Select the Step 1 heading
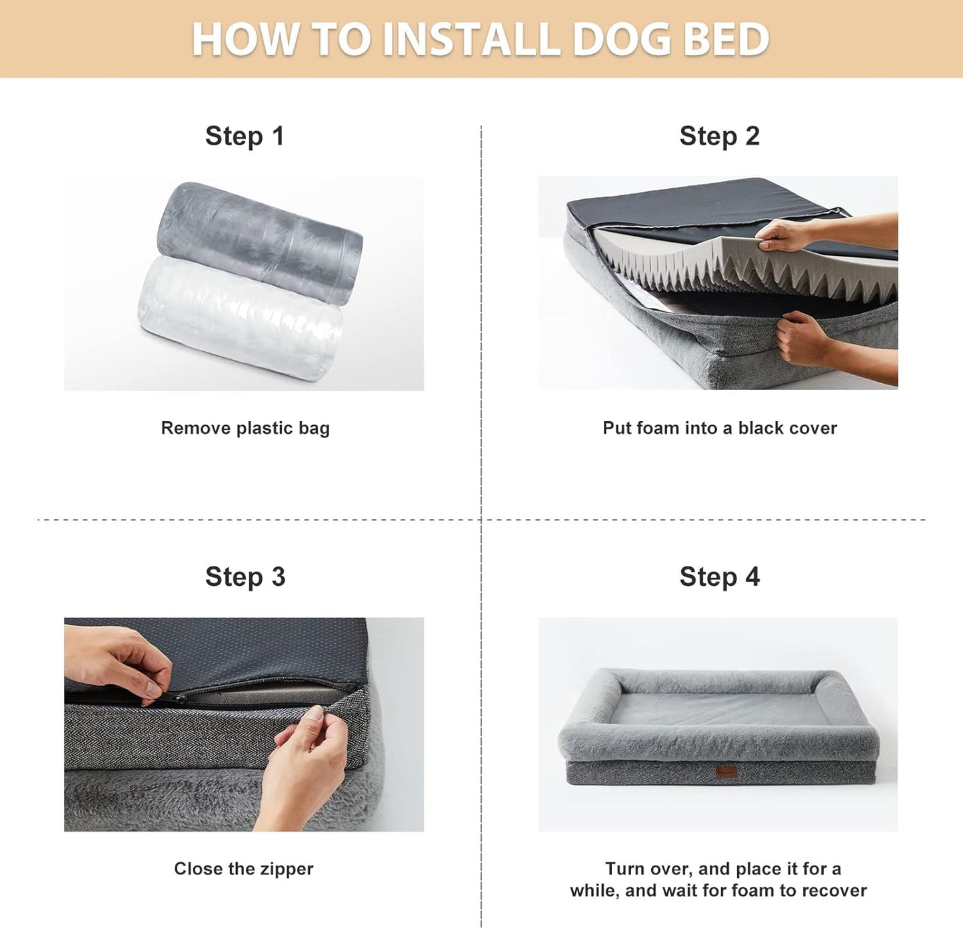245,136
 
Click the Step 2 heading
719,136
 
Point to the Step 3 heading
245,577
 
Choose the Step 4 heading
719,577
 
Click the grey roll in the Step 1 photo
260,240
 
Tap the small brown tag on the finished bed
725,773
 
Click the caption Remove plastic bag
245,428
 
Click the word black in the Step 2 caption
760,428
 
